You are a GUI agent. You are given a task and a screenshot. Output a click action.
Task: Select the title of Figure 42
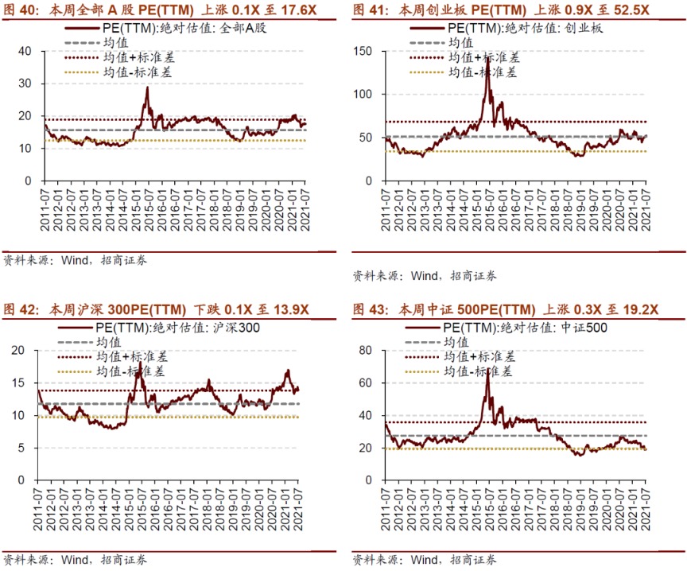point(156,309)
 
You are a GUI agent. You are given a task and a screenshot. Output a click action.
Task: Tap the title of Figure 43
point(505,309)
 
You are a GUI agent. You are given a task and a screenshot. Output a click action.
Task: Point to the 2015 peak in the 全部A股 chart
point(147,87)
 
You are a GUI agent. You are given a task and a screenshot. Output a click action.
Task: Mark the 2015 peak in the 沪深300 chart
point(139,363)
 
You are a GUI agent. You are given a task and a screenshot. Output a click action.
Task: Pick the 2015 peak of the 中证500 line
point(487,371)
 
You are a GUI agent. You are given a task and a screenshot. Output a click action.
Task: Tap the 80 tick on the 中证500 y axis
point(367,350)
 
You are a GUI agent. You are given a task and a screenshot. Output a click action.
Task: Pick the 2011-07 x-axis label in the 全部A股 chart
point(45,208)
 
